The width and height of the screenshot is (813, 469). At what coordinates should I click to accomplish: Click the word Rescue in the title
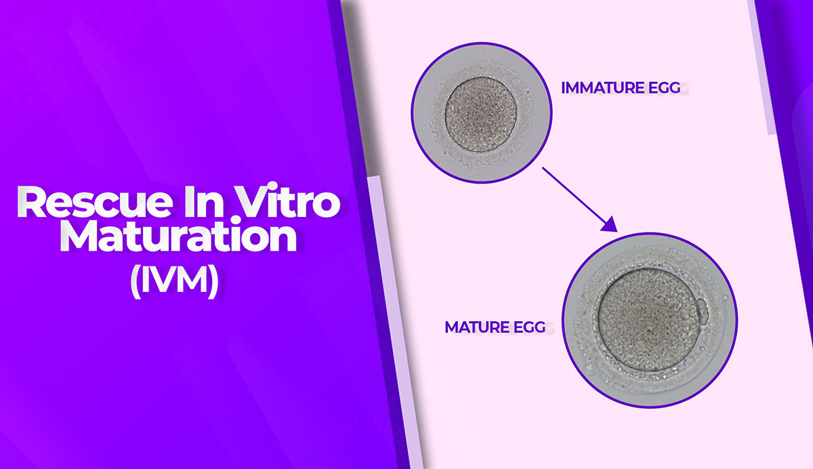click(x=95, y=202)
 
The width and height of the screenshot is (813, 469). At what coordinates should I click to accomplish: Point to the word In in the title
click(x=204, y=202)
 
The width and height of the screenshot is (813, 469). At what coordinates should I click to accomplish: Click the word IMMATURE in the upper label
click(x=603, y=88)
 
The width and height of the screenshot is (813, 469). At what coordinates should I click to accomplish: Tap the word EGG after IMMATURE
click(x=664, y=88)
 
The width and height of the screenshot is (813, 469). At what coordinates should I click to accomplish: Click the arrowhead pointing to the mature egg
click(x=610, y=225)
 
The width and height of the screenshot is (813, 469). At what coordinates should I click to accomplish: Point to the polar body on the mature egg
click(x=703, y=310)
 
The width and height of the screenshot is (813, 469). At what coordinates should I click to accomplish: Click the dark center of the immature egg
click(x=481, y=114)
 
